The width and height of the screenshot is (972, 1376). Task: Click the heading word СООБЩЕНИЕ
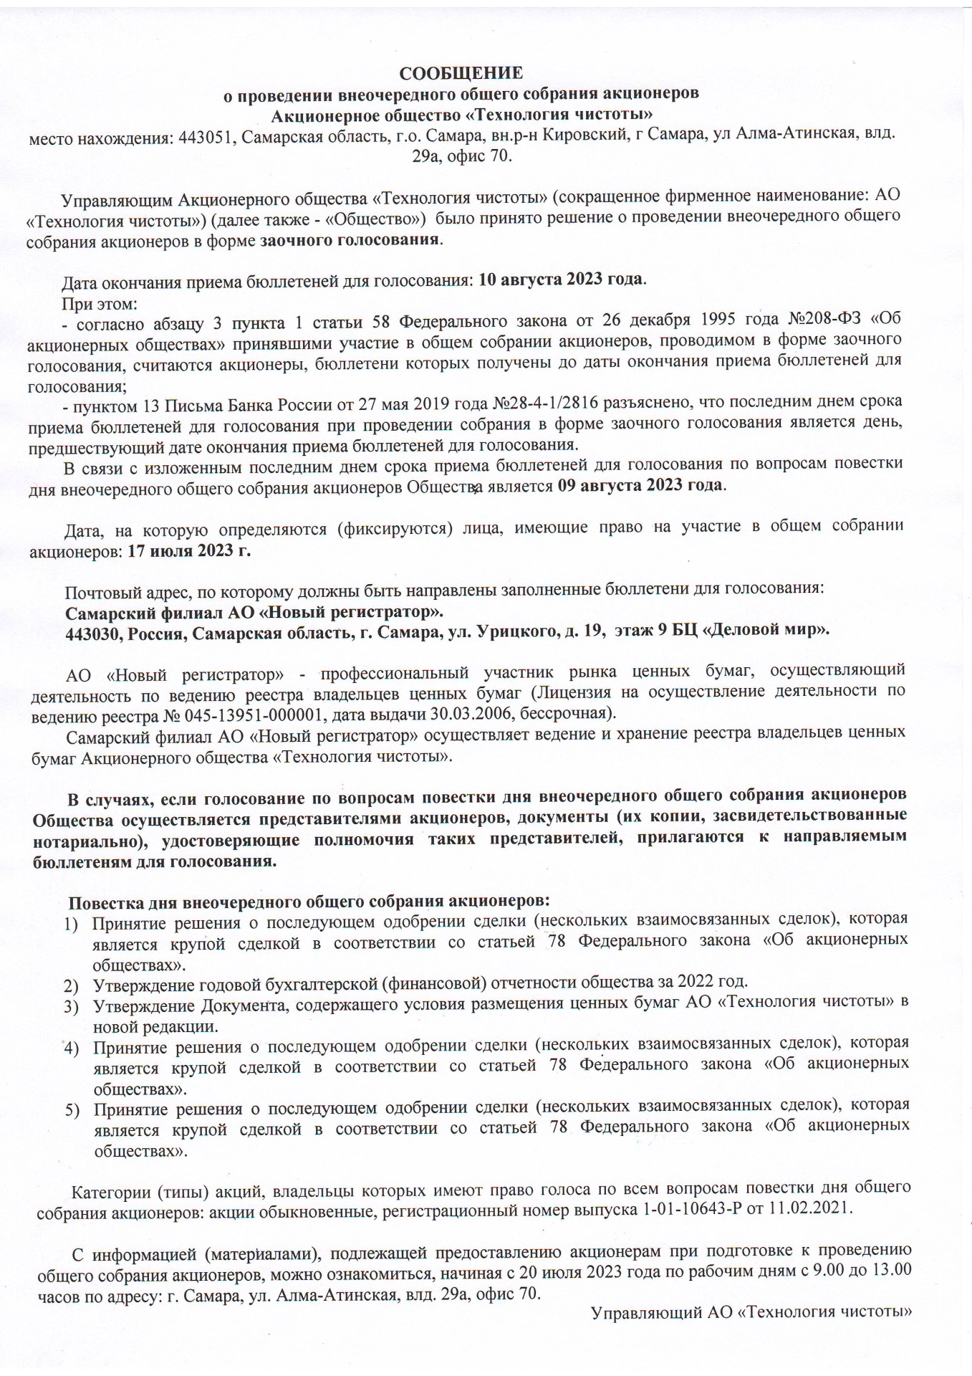pos(461,73)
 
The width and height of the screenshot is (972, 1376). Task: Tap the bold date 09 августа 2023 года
pos(640,485)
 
